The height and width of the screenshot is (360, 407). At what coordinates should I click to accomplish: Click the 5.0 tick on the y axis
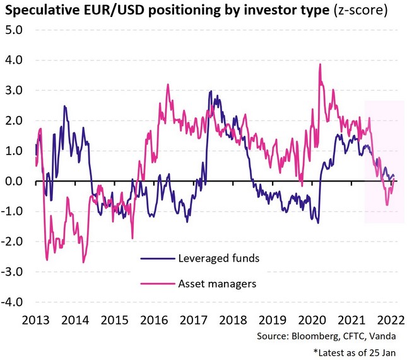[14, 30]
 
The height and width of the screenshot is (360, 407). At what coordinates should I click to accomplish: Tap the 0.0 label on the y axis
[14, 181]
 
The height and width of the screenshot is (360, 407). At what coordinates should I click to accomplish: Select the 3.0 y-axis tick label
[14, 90]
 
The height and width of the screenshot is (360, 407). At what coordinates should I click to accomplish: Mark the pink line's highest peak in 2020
[321, 64]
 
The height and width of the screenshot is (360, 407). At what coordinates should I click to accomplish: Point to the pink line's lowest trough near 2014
[83, 262]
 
